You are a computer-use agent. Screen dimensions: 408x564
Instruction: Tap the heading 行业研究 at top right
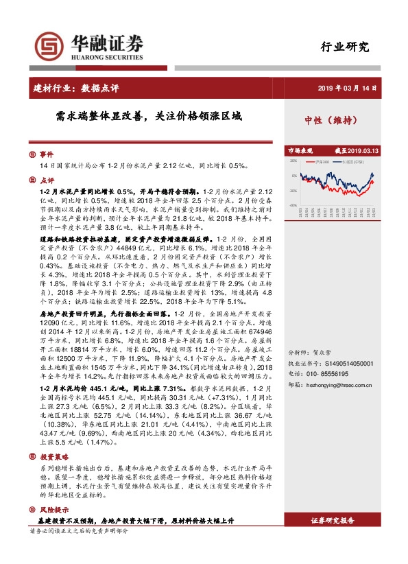(x=345, y=47)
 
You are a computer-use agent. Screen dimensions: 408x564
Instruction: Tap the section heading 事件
(x=46, y=155)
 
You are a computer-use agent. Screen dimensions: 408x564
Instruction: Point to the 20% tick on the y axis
(x=293, y=162)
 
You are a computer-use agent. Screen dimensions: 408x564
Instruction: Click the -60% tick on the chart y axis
(x=293, y=205)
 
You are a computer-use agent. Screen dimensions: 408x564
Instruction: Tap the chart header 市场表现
(x=300, y=150)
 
